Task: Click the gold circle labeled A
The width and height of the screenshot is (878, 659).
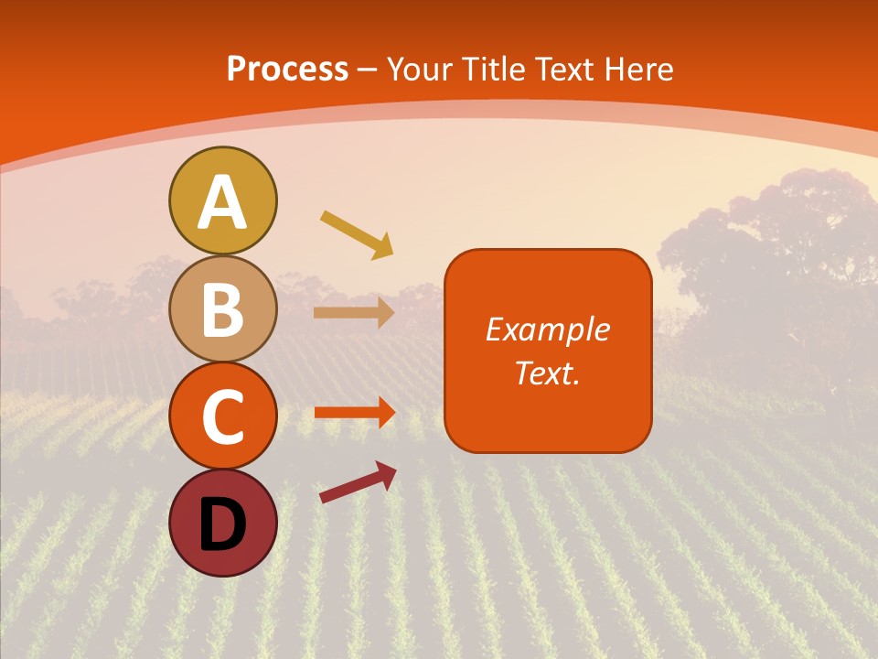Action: (x=222, y=200)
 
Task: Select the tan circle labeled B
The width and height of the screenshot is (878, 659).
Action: (x=222, y=308)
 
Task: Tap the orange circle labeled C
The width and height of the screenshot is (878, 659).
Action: (x=222, y=416)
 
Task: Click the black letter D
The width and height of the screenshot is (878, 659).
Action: (x=222, y=524)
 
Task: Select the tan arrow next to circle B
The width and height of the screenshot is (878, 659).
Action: (x=353, y=312)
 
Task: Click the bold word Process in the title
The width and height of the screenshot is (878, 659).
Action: (x=287, y=69)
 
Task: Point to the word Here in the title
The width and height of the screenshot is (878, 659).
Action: (x=641, y=69)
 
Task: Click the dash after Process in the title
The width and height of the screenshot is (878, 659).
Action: (x=368, y=70)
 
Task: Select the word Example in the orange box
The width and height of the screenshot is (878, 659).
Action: (x=547, y=329)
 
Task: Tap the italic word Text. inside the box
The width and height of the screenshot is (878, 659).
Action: (x=547, y=373)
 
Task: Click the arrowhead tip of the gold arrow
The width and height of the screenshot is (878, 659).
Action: (x=391, y=255)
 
